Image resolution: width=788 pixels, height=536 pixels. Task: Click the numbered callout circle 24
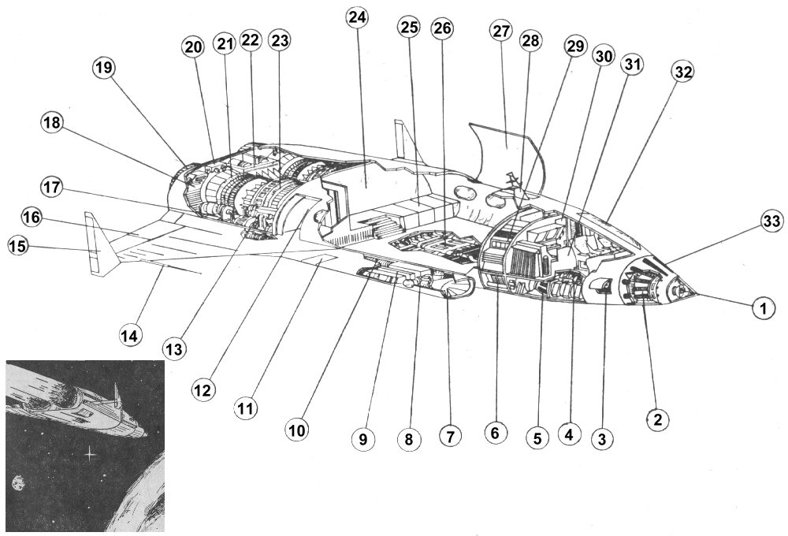click(358, 19)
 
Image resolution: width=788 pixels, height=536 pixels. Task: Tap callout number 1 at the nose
click(760, 310)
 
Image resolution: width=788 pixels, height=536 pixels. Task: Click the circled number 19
click(102, 69)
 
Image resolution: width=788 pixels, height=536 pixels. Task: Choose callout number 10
click(298, 430)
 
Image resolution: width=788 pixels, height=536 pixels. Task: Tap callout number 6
click(494, 433)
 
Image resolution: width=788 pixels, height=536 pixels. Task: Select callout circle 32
click(683, 73)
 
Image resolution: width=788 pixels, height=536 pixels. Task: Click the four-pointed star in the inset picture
click(91, 455)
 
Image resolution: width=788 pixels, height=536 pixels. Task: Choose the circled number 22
click(251, 40)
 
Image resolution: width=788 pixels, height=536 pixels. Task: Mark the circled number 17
click(50, 189)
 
